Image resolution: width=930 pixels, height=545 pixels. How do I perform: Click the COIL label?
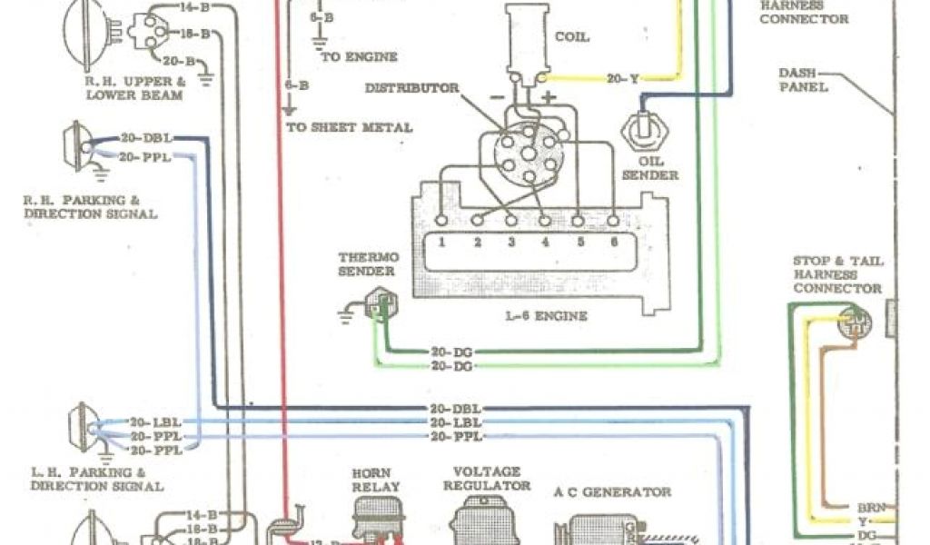(571, 37)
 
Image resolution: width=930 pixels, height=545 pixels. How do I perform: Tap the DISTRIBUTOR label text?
(411, 88)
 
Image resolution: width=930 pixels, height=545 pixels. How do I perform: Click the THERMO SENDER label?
(367, 263)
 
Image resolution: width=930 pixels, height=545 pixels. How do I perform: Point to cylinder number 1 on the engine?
(440, 243)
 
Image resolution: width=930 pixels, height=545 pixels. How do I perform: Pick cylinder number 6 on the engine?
(613, 243)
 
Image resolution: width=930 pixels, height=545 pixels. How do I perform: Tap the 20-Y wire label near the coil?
(623, 79)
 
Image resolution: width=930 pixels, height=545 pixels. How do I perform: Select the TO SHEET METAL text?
(350, 127)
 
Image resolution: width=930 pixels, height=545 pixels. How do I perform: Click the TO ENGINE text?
(359, 56)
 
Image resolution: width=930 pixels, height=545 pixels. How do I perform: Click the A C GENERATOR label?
(612, 492)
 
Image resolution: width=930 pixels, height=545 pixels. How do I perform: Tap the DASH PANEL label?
(803, 80)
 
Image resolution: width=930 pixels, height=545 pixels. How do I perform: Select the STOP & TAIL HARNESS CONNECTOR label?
(837, 274)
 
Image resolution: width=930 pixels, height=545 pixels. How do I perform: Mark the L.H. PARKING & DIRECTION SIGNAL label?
(96, 480)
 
